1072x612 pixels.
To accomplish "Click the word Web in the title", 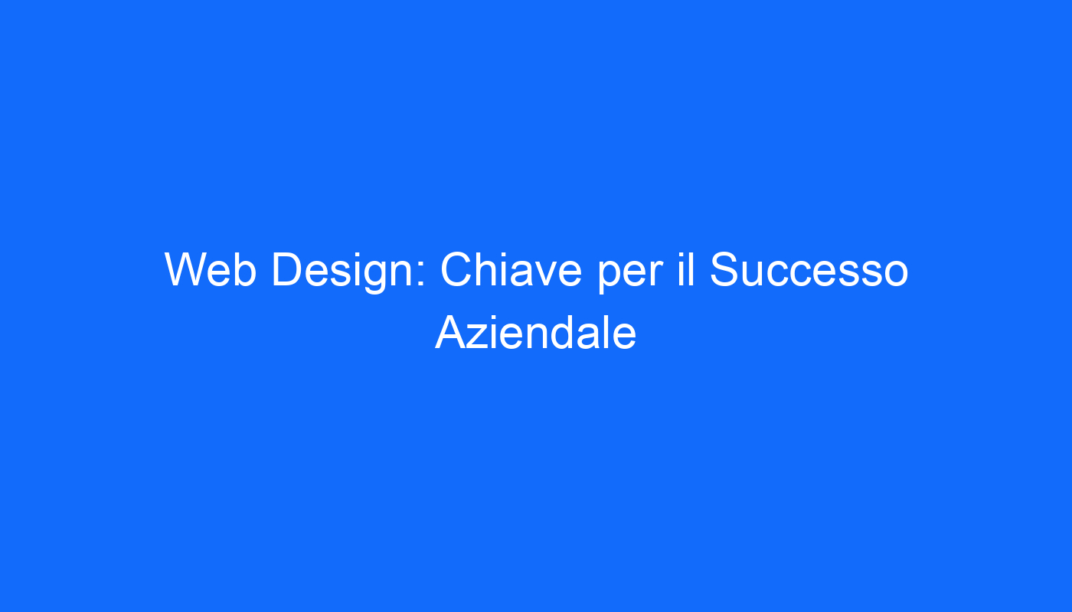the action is pos(211,269).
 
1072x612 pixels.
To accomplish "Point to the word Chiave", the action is pos(511,269).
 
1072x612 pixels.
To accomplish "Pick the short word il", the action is pos(686,269).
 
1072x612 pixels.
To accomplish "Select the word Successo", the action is pos(809,269).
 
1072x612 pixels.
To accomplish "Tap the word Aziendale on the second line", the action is pos(535,333).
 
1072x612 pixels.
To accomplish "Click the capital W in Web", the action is pos(188,269).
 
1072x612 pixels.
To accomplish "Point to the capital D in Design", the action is pos(287,269).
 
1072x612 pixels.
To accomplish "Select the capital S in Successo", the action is pos(724,269).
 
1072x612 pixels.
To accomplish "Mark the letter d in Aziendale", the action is pos(562,333).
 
